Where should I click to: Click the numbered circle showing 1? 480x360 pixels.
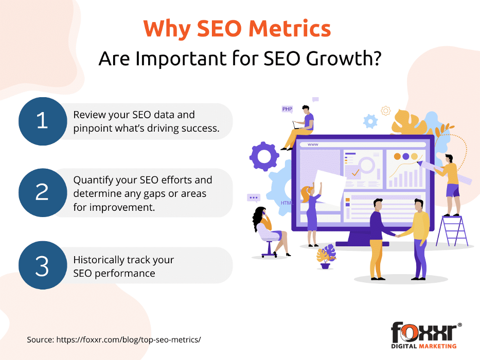pos(43,121)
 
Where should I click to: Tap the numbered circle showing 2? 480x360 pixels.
pos(43,192)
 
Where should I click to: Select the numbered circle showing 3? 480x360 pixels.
pos(43,265)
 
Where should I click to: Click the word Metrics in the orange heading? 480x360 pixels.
pos(290,28)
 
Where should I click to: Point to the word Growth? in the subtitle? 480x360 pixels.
pos(344,58)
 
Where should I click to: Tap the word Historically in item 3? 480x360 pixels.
pos(98,260)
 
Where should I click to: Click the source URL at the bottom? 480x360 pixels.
pos(129,339)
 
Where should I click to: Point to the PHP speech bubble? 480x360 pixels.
pos(287,109)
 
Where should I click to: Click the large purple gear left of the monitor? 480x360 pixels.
pos(264,156)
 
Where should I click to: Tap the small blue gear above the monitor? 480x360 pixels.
pos(370,121)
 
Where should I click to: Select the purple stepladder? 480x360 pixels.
pos(452,230)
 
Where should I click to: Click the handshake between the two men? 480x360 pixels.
pos(398,236)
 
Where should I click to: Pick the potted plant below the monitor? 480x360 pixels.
pos(326,257)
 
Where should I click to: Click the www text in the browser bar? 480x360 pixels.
pos(313,145)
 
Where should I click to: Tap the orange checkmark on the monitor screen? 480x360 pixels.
pos(355,173)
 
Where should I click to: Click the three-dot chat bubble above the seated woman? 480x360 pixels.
pos(254,198)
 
